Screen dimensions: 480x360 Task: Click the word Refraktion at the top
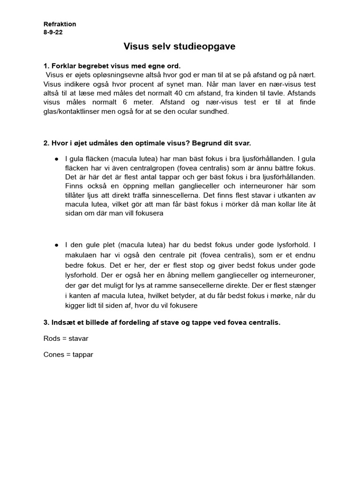point(60,24)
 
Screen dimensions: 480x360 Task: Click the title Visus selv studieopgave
point(180,46)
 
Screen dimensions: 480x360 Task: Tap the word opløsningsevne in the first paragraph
point(112,75)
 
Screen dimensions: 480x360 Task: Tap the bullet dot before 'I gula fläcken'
point(56,159)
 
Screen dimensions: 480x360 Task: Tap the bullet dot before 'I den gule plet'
point(56,245)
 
